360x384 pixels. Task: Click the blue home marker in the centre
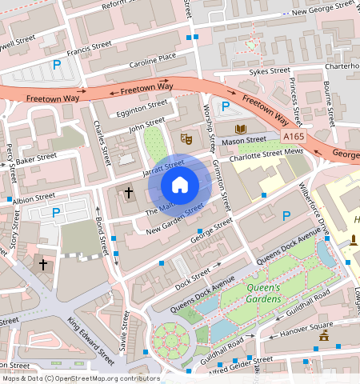coord(180,185)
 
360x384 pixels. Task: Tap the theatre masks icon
coord(186,138)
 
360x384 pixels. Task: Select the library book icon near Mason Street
coord(240,129)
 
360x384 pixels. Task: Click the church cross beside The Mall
coord(128,193)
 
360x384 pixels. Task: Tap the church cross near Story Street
coord(43,263)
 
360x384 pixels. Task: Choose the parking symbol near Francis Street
coord(56,65)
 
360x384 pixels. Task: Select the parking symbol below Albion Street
coord(55,213)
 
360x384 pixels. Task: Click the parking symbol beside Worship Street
coord(226,106)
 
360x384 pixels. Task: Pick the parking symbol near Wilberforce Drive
coord(286,214)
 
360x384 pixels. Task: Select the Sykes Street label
coord(269,71)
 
